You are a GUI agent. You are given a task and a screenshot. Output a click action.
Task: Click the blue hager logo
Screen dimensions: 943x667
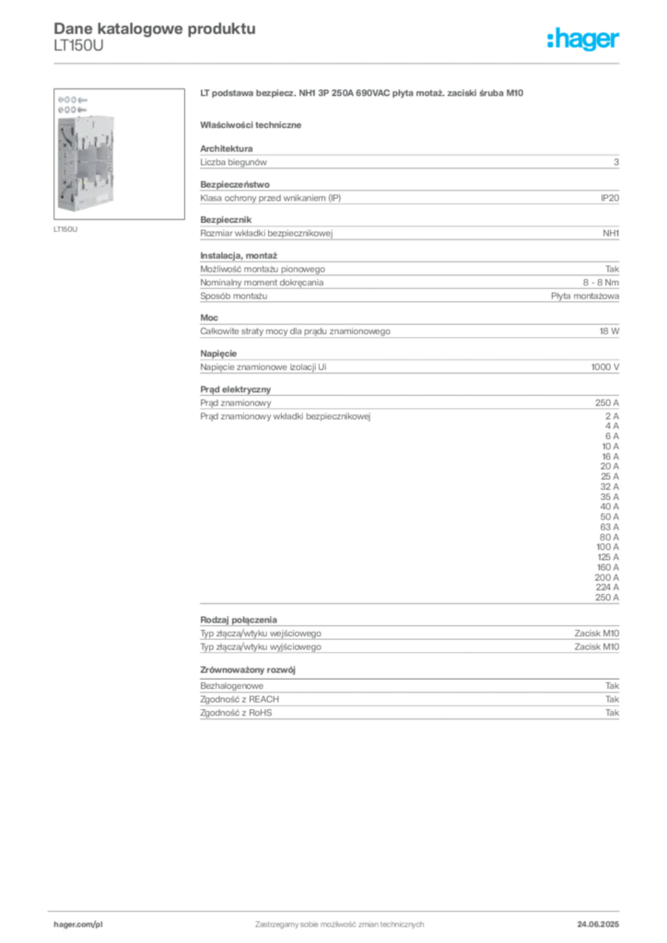584,41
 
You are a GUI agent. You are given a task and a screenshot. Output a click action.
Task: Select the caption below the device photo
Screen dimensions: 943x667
65,229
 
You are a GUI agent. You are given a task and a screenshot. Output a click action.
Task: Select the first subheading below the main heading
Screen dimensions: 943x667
253,124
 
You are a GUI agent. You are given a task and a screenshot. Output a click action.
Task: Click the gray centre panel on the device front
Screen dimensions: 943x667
95,161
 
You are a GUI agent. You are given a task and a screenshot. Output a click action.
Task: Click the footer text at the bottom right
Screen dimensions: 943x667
603,922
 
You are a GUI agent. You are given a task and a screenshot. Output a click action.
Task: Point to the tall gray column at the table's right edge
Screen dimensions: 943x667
600,497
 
